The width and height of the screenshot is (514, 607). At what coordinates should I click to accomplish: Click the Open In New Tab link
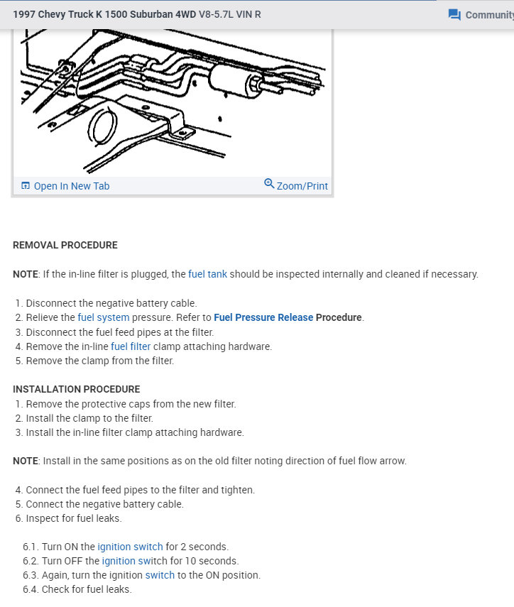click(71, 186)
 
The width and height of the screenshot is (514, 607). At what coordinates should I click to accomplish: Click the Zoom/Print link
click(302, 186)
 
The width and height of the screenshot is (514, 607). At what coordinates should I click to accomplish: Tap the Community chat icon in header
click(455, 15)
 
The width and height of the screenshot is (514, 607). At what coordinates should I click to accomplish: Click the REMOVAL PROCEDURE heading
click(65, 245)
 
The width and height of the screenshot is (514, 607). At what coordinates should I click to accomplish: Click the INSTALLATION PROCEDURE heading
click(77, 389)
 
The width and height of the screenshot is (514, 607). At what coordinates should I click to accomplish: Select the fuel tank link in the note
click(207, 274)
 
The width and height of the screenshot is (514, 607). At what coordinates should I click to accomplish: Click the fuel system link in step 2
click(103, 317)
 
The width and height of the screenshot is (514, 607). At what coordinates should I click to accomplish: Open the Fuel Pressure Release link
click(263, 317)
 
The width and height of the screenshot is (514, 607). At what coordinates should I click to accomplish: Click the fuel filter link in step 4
click(131, 346)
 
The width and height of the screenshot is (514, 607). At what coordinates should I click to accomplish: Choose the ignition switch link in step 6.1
click(130, 547)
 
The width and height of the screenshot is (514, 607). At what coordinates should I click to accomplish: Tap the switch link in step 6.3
click(160, 575)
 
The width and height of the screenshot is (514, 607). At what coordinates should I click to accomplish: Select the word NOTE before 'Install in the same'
click(26, 461)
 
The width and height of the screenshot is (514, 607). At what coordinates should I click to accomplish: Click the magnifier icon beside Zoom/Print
click(269, 184)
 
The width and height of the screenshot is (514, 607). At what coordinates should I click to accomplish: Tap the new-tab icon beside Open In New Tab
click(26, 186)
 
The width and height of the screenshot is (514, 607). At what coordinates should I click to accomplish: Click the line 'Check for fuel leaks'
click(87, 589)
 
